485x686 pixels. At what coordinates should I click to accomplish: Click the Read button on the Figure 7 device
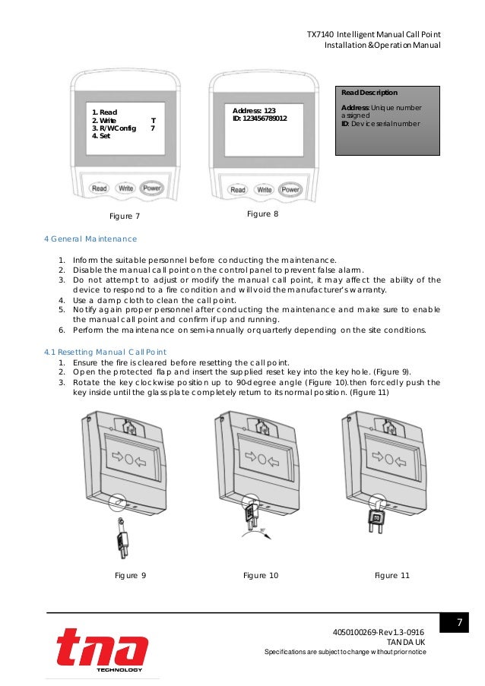[99, 188]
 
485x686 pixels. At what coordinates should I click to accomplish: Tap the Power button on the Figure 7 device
[151, 188]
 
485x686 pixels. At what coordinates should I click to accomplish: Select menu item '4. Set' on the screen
[100, 136]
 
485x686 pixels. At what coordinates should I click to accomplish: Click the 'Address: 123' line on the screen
[254, 111]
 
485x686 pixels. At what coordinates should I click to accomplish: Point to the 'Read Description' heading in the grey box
[369, 92]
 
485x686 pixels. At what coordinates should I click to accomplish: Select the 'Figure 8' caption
[263, 215]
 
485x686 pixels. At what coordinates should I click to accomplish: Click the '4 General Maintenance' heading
[90, 239]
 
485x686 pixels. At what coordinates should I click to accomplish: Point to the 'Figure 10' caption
[261, 576]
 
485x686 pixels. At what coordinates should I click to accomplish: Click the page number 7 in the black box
[459, 624]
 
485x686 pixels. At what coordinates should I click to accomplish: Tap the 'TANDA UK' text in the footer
[406, 643]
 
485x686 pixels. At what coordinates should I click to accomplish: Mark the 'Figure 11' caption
[392, 576]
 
